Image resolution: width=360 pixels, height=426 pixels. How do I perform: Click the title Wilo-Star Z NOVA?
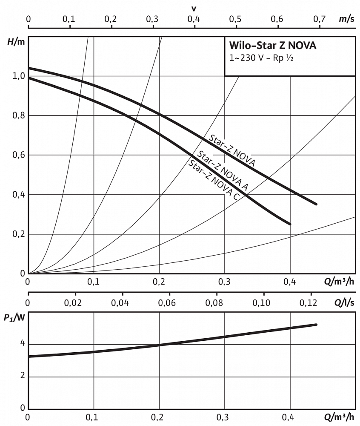coord(273,46)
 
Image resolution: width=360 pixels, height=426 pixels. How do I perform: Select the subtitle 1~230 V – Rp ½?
coord(261,58)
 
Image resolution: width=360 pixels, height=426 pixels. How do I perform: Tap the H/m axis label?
coord(16,42)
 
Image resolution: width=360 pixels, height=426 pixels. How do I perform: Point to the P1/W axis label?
coord(14,317)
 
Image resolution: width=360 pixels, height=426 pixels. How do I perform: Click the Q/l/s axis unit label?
coord(344,302)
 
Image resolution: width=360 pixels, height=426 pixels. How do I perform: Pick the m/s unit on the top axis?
coord(346,19)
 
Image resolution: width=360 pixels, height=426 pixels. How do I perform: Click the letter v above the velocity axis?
coord(194,9)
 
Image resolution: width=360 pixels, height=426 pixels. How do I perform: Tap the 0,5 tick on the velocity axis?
coord(235,19)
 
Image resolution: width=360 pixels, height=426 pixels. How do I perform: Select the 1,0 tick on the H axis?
coord(19,76)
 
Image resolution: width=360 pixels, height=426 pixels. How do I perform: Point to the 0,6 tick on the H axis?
coord(19,155)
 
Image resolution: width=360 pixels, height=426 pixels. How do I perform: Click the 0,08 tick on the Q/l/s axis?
coord(214,302)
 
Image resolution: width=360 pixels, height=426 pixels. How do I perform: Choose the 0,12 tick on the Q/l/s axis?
coord(308,302)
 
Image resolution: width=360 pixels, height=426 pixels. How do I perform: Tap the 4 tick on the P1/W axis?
coord(23,343)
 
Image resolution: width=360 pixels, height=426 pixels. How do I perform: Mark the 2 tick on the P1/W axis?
coord(23,375)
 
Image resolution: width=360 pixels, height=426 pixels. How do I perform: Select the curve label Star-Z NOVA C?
coord(214,180)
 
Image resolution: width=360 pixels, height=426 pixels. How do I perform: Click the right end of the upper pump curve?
coord(316,204)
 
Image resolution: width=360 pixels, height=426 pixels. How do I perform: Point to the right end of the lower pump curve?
coord(290,224)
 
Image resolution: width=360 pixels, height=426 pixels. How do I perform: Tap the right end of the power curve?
coord(316,325)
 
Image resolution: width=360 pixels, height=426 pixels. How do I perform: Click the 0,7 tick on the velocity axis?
coord(319,19)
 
